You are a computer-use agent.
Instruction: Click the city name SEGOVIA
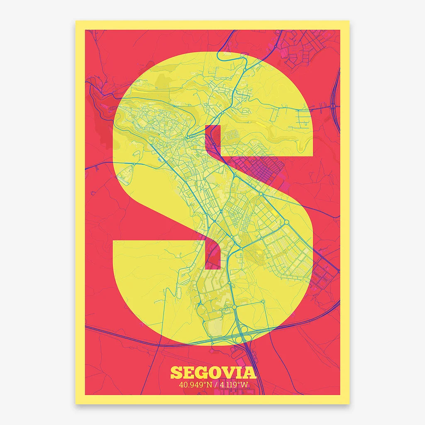(x=213, y=372)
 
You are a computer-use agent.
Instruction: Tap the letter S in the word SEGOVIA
(x=176, y=372)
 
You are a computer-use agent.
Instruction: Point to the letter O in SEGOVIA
(x=216, y=372)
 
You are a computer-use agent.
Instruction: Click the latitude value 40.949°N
(x=195, y=384)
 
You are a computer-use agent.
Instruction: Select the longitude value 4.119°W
(x=234, y=384)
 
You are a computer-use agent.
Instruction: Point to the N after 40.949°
(x=209, y=384)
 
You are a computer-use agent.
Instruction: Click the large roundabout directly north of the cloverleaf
(x=234, y=307)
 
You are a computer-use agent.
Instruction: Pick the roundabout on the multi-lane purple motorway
(x=333, y=106)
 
